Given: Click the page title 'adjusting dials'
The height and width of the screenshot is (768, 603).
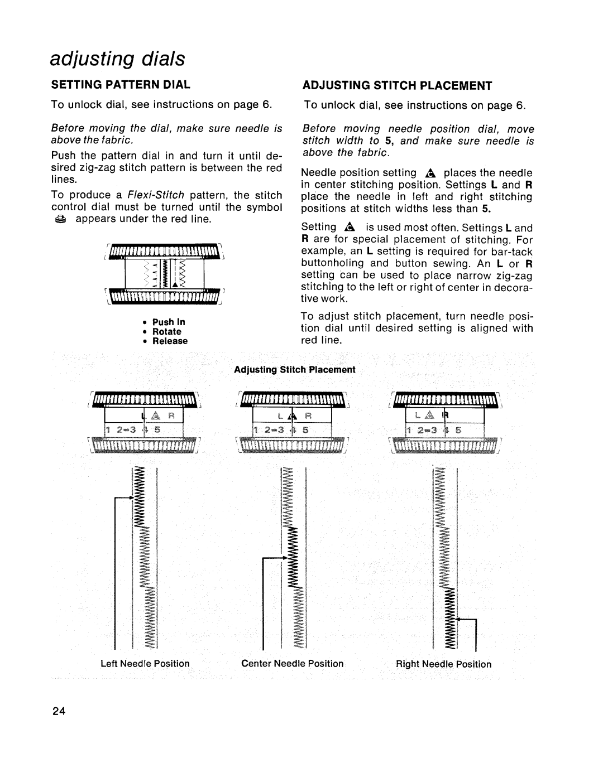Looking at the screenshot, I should coord(117,58).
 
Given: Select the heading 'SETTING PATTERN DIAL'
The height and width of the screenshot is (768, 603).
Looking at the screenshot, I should coord(121,85).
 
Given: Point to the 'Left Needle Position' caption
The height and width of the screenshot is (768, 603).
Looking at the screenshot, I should coord(145,664).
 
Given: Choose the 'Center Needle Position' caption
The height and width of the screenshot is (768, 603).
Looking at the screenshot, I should coord(292,664).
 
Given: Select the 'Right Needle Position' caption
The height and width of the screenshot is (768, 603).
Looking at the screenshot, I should coord(444,664).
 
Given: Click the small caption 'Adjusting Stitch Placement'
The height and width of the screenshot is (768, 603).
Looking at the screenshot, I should coord(294,370).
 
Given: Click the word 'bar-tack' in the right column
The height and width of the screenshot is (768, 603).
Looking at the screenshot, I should coord(514,252).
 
